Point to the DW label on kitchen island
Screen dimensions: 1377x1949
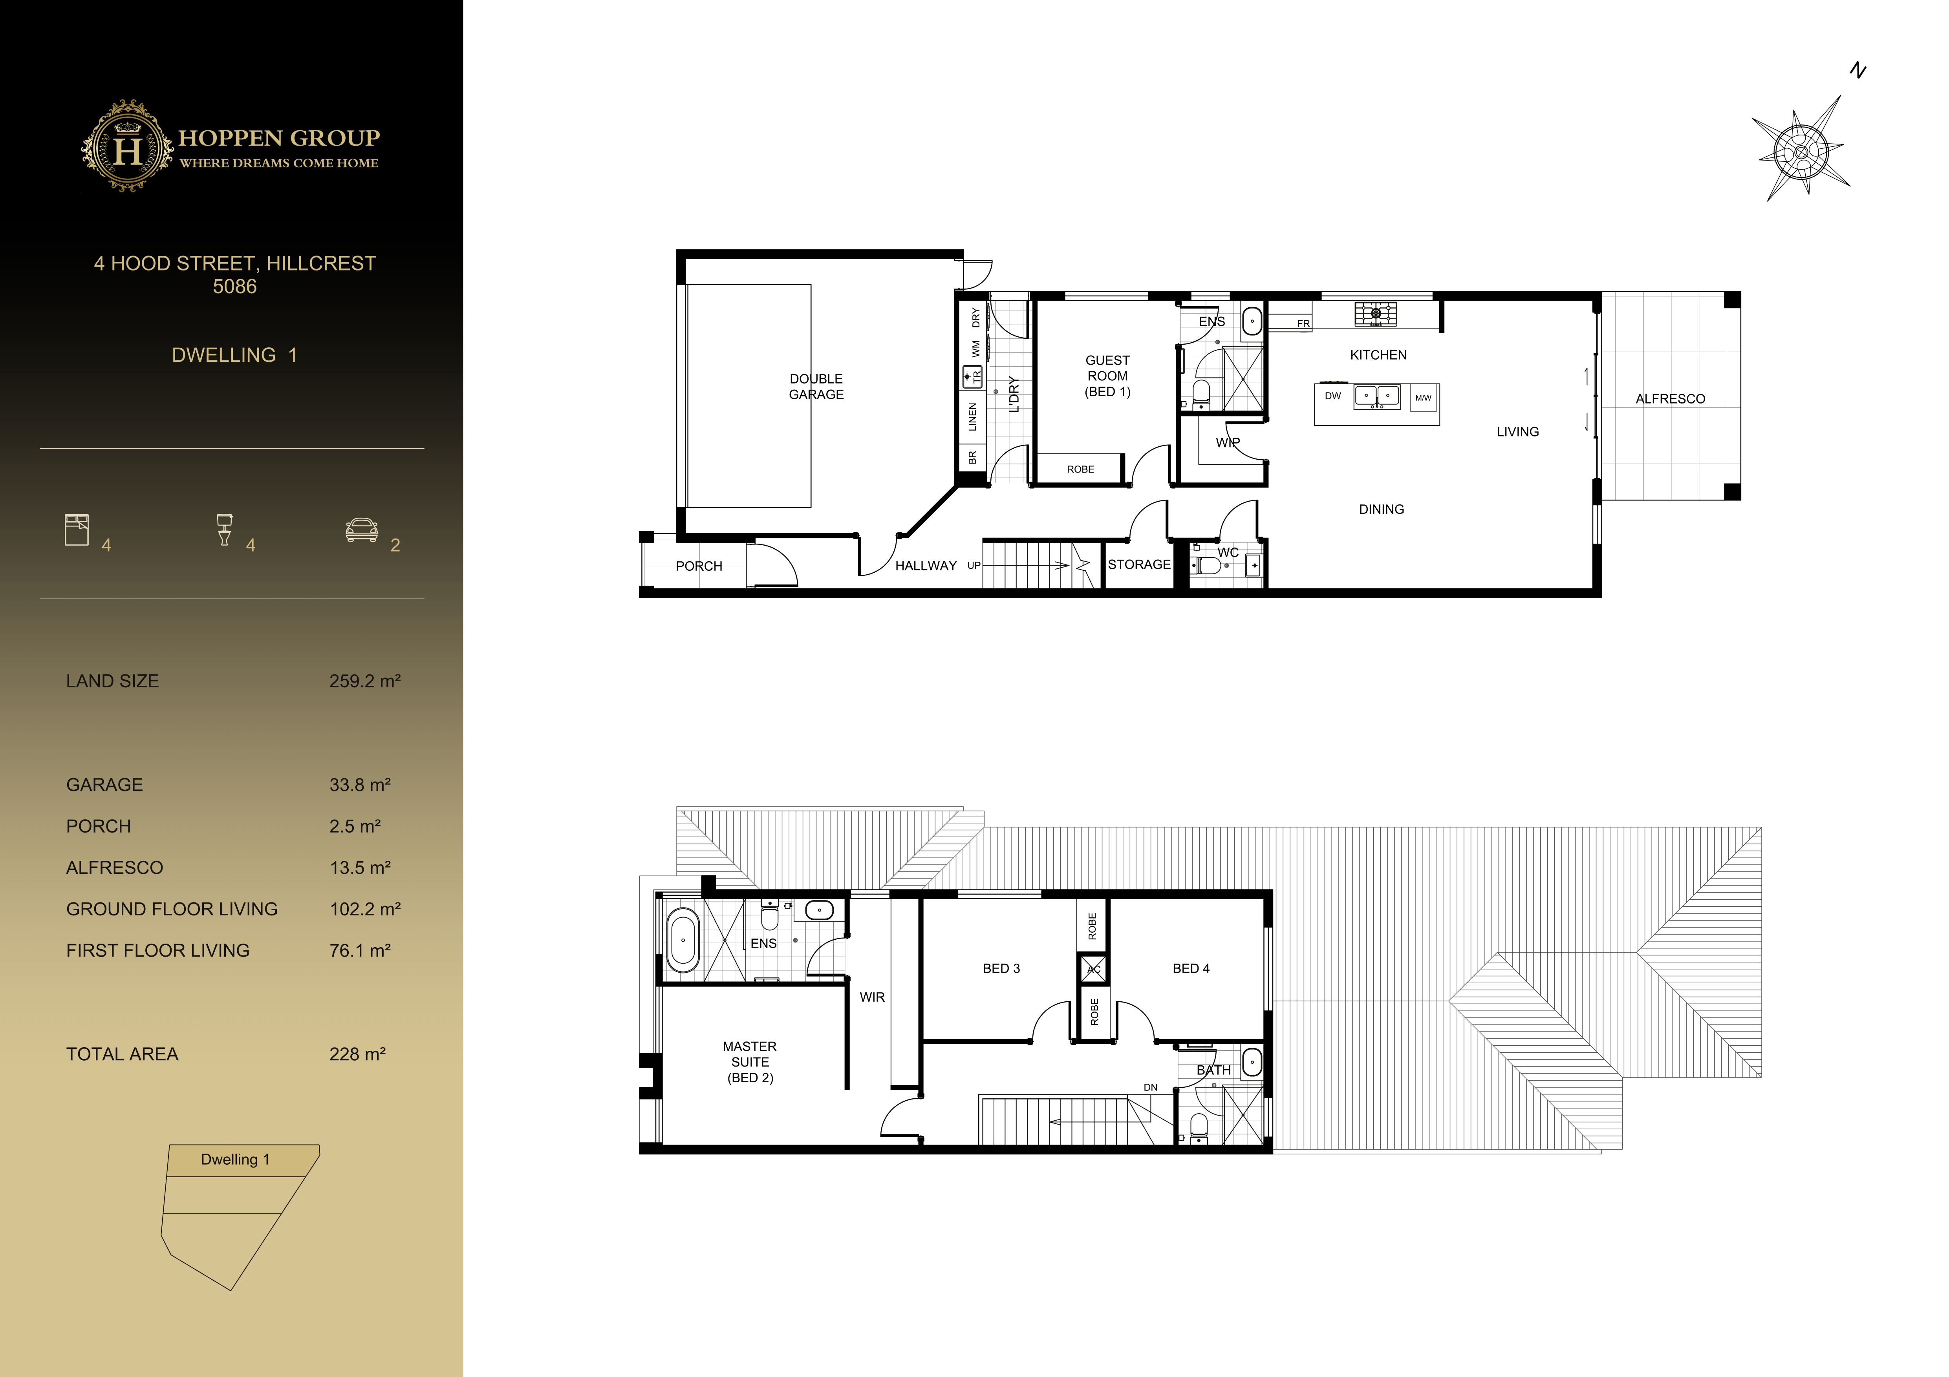point(1333,396)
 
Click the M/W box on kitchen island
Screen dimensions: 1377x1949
point(1424,398)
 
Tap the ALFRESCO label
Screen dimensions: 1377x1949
point(1670,399)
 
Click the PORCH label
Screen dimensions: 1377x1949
point(699,566)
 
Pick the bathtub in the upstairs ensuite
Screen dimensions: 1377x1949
point(683,940)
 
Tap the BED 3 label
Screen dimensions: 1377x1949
point(1001,968)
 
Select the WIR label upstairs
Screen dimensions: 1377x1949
point(872,997)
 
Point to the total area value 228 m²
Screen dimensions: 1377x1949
point(357,1054)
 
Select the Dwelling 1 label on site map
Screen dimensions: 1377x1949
point(235,1159)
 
